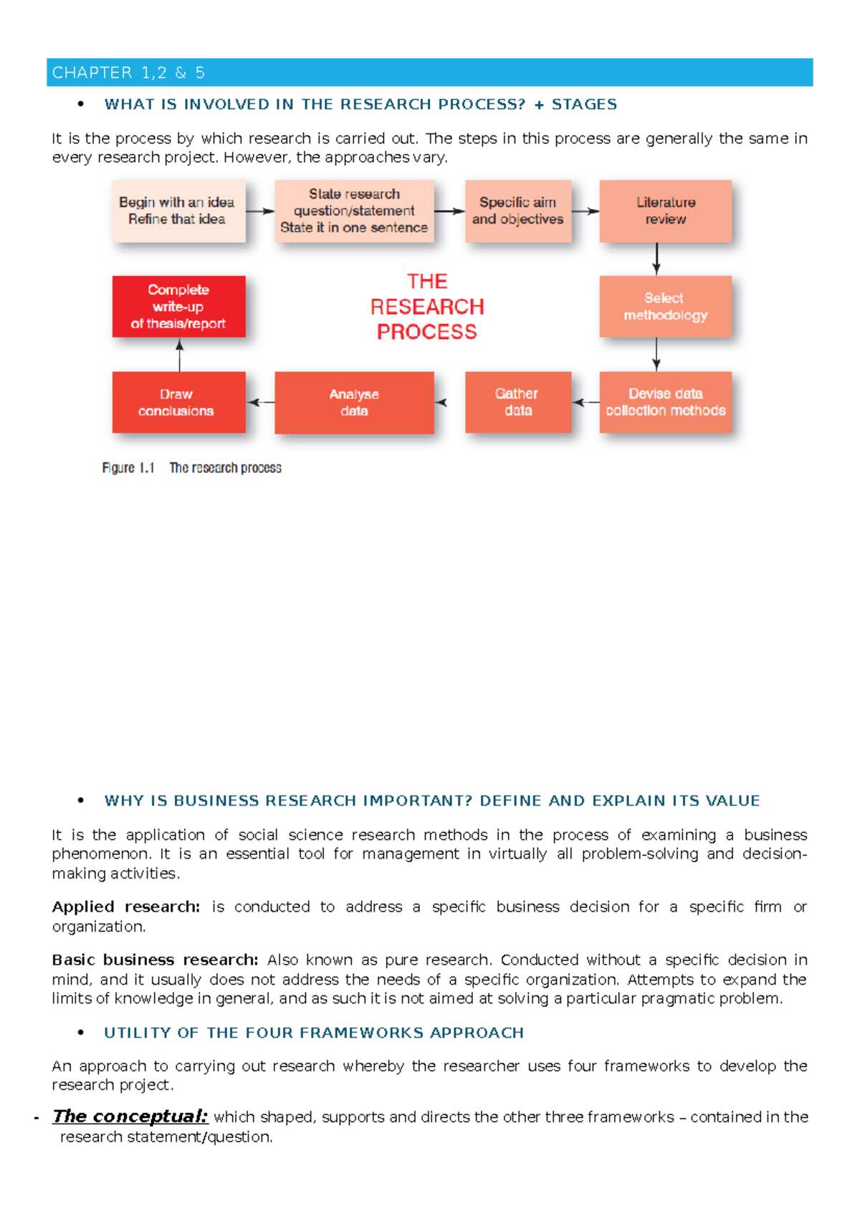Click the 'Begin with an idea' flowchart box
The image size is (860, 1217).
[x=178, y=211]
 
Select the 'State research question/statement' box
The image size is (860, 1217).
[x=354, y=211]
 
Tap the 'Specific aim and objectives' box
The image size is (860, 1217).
[x=517, y=211]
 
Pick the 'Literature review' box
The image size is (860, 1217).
[x=665, y=211]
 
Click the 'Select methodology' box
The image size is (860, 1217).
[x=665, y=306]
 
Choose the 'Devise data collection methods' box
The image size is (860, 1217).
[x=665, y=402]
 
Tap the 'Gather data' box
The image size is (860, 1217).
[x=517, y=402]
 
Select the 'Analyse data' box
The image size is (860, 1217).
[x=354, y=402]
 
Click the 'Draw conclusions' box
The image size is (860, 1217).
[x=178, y=402]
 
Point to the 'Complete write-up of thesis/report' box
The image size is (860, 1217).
[x=178, y=306]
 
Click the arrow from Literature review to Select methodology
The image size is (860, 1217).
[x=656, y=259]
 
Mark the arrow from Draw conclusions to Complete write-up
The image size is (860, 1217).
[x=180, y=355]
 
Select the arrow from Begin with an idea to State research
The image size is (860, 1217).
[x=260, y=211]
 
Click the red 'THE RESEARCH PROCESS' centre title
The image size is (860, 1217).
[x=427, y=306]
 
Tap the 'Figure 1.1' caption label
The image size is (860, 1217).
[x=128, y=468]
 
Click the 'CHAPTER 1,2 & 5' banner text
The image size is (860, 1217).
[x=129, y=72]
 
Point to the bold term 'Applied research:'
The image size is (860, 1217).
[x=125, y=907]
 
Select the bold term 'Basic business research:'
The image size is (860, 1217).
[x=155, y=960]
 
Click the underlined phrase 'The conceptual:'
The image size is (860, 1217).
[x=130, y=1116]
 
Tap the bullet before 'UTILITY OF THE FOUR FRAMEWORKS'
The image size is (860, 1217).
[x=81, y=1032]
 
